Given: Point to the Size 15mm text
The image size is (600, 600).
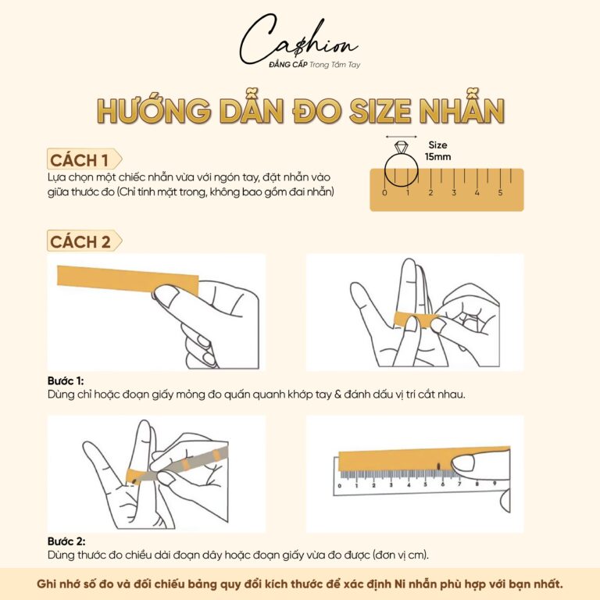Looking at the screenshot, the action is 437,151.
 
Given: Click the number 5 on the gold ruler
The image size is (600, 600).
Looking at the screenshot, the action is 500,192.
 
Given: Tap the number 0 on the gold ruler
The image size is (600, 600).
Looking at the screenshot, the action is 384,192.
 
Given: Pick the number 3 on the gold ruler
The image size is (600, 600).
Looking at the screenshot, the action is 454,192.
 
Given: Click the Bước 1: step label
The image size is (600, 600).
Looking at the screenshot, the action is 66,380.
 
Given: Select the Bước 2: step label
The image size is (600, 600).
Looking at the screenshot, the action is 66,541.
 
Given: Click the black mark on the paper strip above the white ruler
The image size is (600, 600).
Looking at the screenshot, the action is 438,466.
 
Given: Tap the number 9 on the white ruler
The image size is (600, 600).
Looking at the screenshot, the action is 495,484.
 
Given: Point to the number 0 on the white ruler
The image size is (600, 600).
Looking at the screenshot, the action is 339,486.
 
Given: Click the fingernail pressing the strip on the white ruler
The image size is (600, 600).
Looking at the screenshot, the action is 464,462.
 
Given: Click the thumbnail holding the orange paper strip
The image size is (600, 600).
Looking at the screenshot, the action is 166,294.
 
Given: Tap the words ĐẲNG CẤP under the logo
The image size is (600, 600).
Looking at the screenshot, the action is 288,64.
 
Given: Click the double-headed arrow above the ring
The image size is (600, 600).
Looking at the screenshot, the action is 401,136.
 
